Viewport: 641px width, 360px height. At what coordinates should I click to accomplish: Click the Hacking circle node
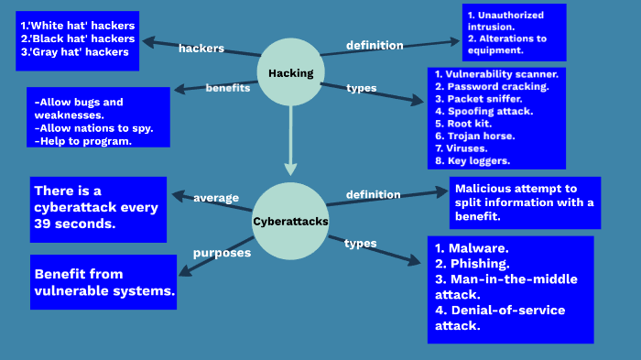(291, 72)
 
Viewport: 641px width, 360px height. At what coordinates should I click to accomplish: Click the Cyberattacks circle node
(290, 221)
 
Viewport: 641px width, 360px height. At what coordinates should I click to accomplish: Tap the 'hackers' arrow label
(201, 48)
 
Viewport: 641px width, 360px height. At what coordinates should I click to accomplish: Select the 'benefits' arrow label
(228, 88)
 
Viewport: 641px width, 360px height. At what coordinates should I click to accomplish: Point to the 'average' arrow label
(216, 198)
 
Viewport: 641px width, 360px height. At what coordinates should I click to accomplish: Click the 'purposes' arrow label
(222, 252)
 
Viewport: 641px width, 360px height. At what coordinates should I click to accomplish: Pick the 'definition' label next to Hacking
(375, 45)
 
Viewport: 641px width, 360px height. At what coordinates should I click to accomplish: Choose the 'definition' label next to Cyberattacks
(373, 194)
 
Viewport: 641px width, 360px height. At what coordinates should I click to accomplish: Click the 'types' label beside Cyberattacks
(360, 243)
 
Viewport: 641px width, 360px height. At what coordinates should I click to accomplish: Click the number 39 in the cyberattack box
(44, 224)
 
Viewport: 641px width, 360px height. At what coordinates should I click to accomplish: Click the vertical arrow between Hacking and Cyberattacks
(290, 137)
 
